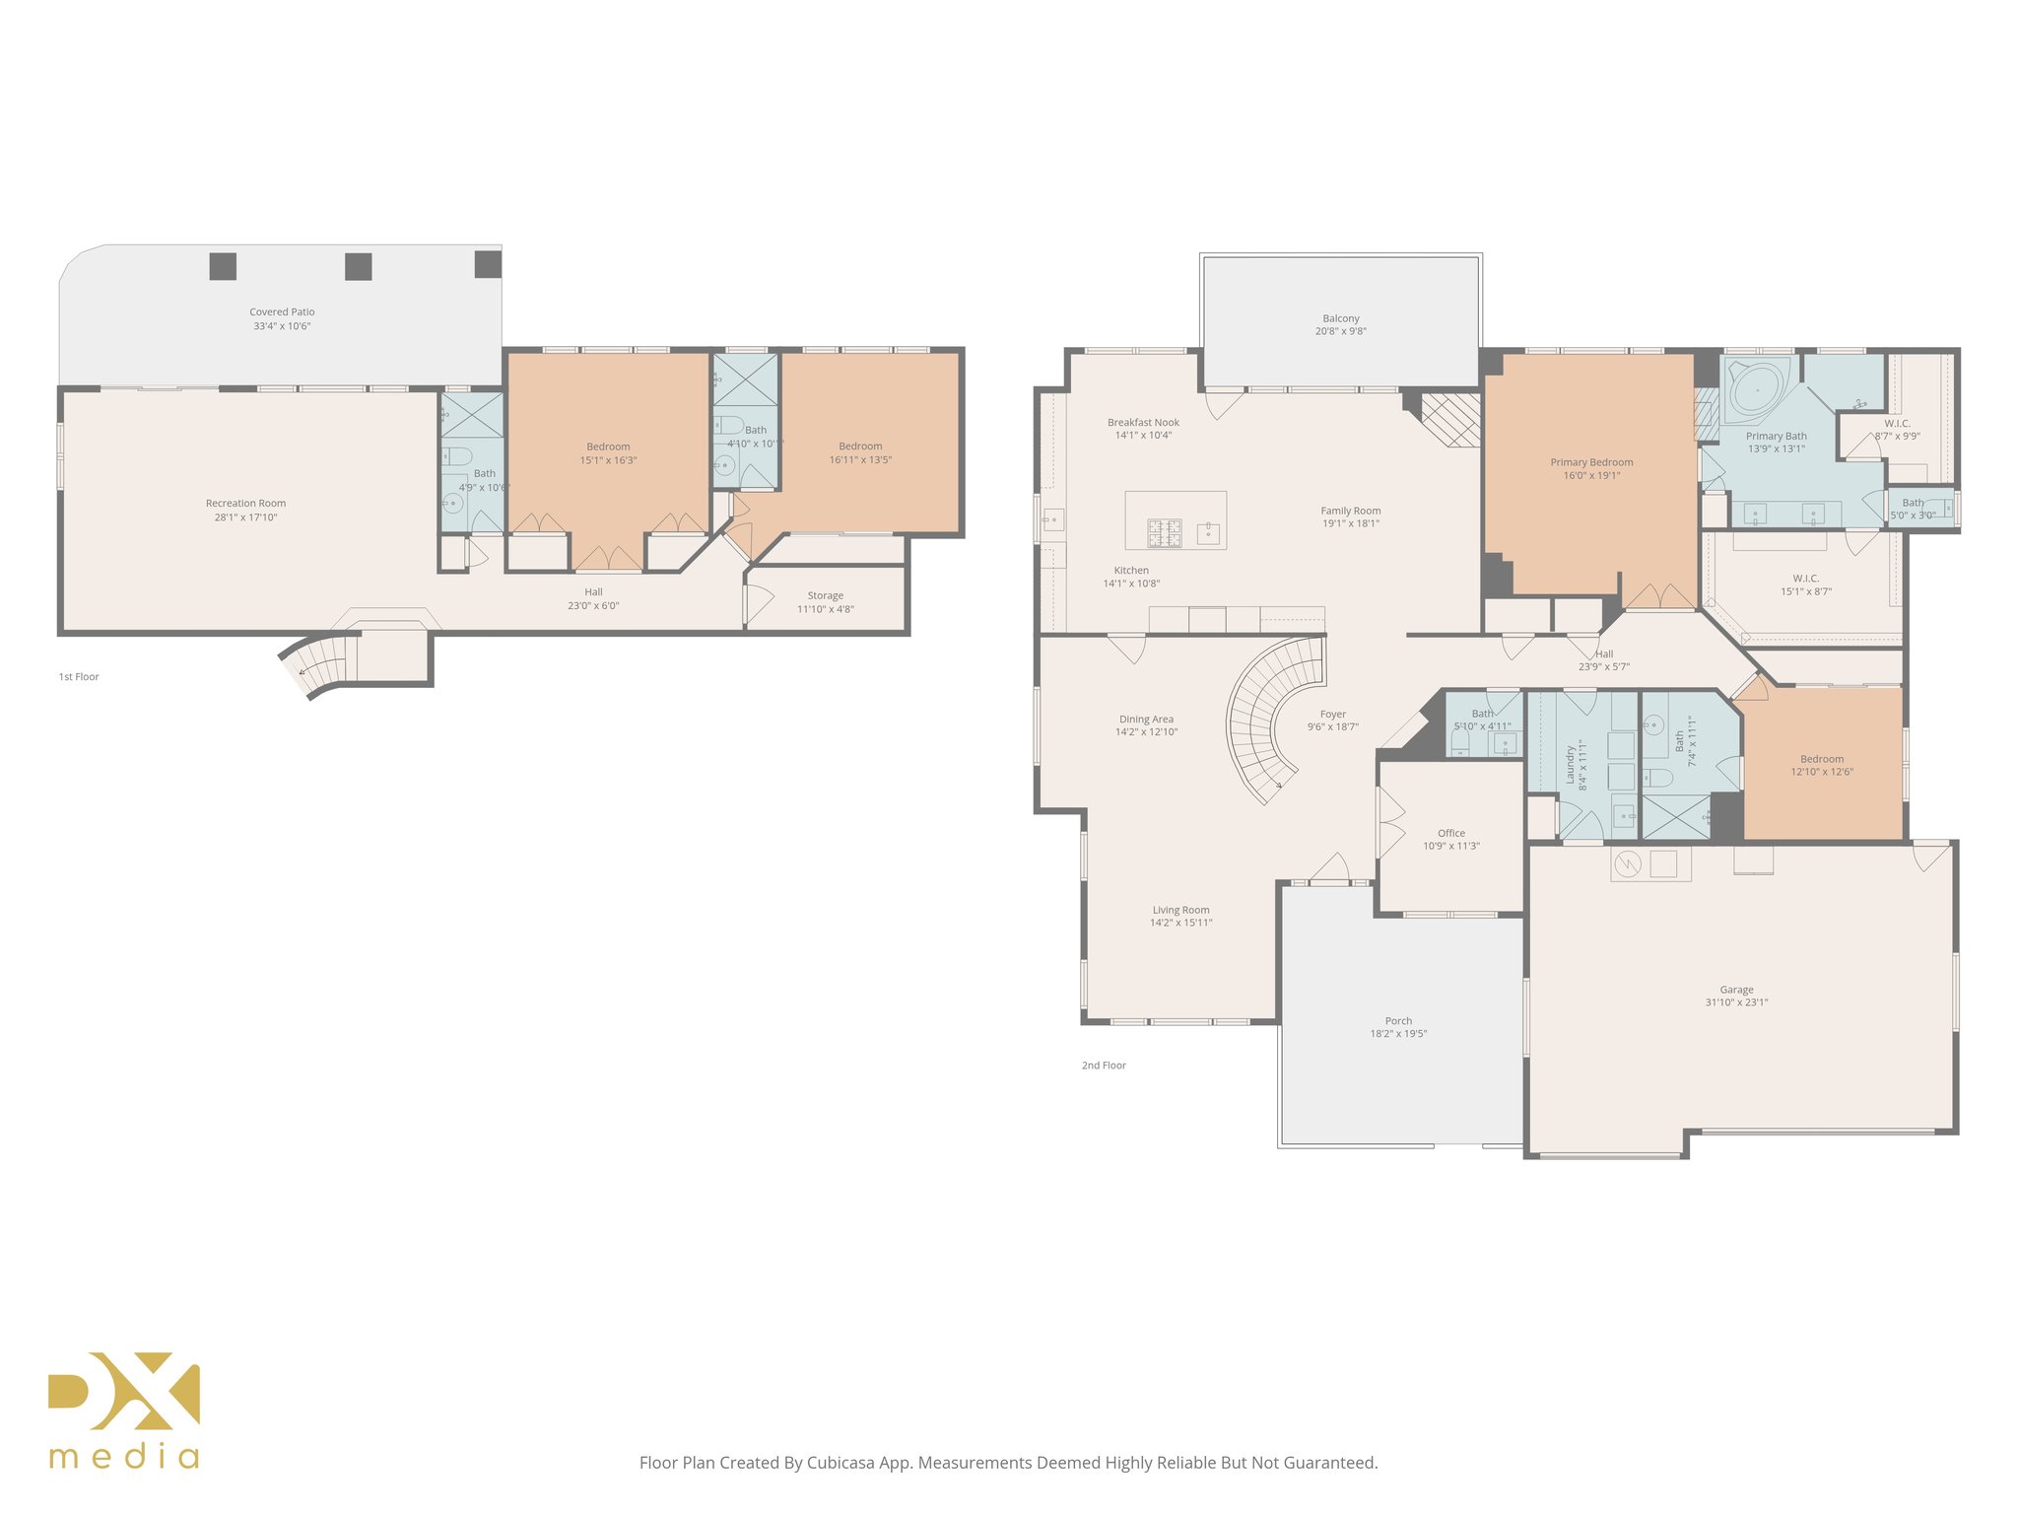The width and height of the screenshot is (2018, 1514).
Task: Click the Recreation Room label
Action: [245, 503]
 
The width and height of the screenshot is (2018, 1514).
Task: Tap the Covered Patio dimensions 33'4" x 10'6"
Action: [282, 326]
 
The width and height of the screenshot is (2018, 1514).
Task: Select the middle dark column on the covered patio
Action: [358, 266]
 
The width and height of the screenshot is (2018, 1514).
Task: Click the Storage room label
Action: [825, 595]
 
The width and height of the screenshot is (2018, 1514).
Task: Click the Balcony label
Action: [1340, 318]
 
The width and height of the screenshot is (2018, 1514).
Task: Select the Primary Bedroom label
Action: [1590, 462]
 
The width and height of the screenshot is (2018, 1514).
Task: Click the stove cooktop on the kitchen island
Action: [1164, 533]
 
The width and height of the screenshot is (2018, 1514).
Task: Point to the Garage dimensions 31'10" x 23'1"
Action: [1736, 1002]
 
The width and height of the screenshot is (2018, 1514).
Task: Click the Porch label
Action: [1397, 1021]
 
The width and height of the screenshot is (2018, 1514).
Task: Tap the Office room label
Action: [1450, 833]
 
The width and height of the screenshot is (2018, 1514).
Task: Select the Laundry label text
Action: [1571, 765]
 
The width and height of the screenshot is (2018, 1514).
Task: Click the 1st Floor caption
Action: [79, 677]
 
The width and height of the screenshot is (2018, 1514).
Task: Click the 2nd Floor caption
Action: [1104, 1066]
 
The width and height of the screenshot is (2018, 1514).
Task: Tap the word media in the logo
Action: [124, 1457]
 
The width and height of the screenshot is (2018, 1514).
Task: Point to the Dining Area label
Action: [1146, 720]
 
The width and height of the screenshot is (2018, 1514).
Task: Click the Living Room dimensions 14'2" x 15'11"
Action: [1180, 924]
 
